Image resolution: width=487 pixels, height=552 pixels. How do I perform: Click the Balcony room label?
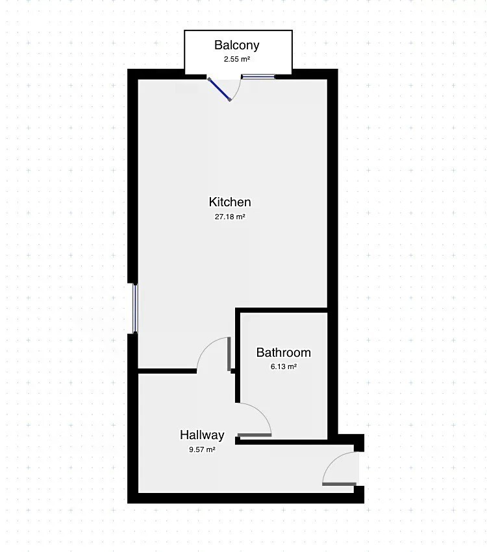tap(236, 45)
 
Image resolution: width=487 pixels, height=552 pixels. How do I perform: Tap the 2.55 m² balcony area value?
tap(237, 59)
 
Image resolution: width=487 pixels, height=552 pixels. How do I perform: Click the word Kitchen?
tap(230, 202)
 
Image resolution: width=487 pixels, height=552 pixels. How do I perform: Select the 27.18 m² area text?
tap(230, 217)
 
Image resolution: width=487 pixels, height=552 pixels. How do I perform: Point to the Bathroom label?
tap(283, 352)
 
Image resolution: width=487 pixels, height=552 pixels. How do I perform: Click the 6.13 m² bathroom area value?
tap(283, 366)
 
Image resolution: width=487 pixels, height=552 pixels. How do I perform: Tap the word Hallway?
tap(202, 435)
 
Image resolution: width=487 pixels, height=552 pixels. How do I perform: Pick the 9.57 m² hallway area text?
tap(202, 450)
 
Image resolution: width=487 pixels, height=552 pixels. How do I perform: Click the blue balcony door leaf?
tap(219, 90)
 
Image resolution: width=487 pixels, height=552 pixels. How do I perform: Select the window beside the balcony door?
tap(258, 77)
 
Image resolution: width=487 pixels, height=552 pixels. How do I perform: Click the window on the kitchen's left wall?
tap(135, 308)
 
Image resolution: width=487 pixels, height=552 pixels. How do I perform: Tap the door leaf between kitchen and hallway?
tap(229, 354)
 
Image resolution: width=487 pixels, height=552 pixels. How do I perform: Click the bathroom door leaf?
tap(255, 435)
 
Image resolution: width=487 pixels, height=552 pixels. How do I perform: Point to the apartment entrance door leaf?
tap(339, 485)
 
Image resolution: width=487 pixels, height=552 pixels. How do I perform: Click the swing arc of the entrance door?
tap(332, 461)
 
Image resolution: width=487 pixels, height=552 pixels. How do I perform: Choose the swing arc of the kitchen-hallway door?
tap(206, 346)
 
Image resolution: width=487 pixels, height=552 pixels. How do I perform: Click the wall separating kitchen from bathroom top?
tap(281, 310)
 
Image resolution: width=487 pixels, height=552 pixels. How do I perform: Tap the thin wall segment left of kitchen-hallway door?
tap(167, 370)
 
